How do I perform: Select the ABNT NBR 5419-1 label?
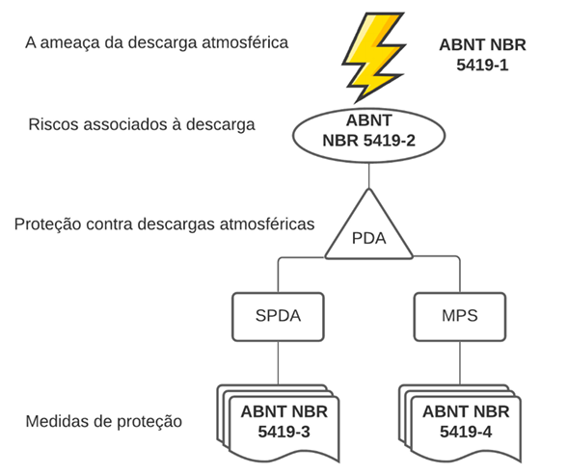[482, 55]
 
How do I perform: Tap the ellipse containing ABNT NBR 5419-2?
[368, 136]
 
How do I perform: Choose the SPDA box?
[278, 317]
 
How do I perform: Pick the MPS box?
[460, 317]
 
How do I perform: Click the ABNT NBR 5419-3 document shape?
[278, 423]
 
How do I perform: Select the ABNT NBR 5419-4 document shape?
[460, 423]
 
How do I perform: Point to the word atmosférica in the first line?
[245, 42]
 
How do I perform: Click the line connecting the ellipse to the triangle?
[368, 176]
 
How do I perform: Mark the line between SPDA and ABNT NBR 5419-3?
[278, 362]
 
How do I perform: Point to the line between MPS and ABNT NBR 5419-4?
[460, 362]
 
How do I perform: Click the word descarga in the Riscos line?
[221, 125]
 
